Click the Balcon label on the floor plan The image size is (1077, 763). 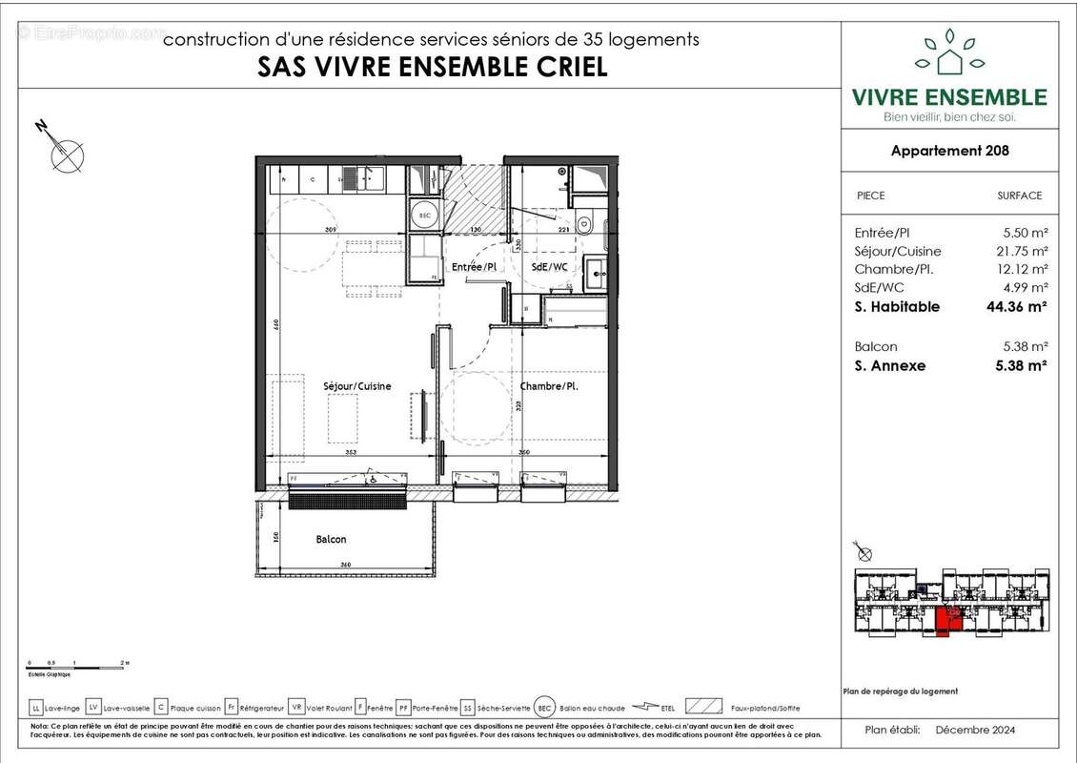(x=331, y=540)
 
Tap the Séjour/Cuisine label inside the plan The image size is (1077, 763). (x=357, y=386)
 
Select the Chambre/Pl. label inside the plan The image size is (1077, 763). (x=549, y=386)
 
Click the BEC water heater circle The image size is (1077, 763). (x=425, y=216)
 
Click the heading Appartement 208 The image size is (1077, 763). (x=949, y=151)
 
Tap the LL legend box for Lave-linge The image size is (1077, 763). (x=36, y=708)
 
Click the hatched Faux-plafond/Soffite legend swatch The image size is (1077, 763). (x=703, y=708)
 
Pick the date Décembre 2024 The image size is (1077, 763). (x=975, y=731)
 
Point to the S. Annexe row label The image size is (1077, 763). (x=890, y=365)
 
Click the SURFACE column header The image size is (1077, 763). (x=1019, y=196)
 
